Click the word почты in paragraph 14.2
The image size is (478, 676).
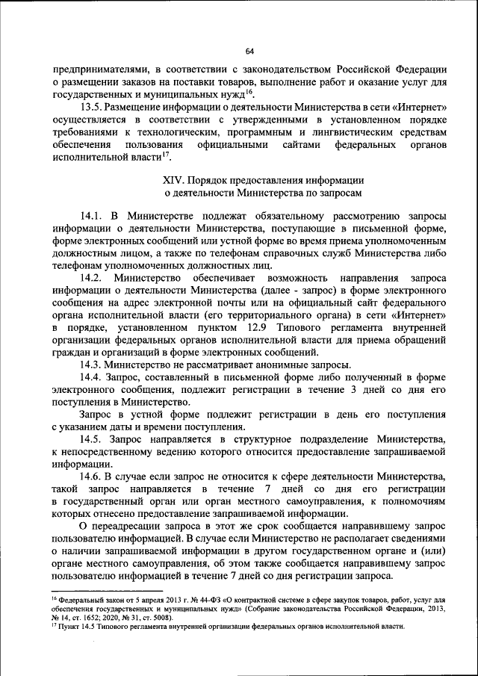pos(271,302)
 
